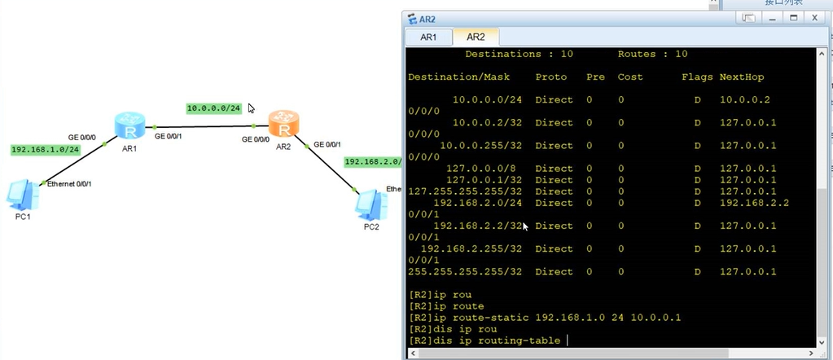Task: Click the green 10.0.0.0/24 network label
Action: [213, 108]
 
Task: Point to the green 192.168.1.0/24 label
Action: [46, 150]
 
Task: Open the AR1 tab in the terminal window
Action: [428, 37]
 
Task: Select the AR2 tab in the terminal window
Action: [476, 37]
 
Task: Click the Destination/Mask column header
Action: [458, 77]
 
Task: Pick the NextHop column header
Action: [741, 77]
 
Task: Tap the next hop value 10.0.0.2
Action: [744, 100]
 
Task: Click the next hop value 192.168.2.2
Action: [754, 203]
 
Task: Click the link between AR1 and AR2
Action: [204, 126]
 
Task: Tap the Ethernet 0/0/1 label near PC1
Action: [69, 184]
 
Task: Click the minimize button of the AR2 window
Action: [773, 19]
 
